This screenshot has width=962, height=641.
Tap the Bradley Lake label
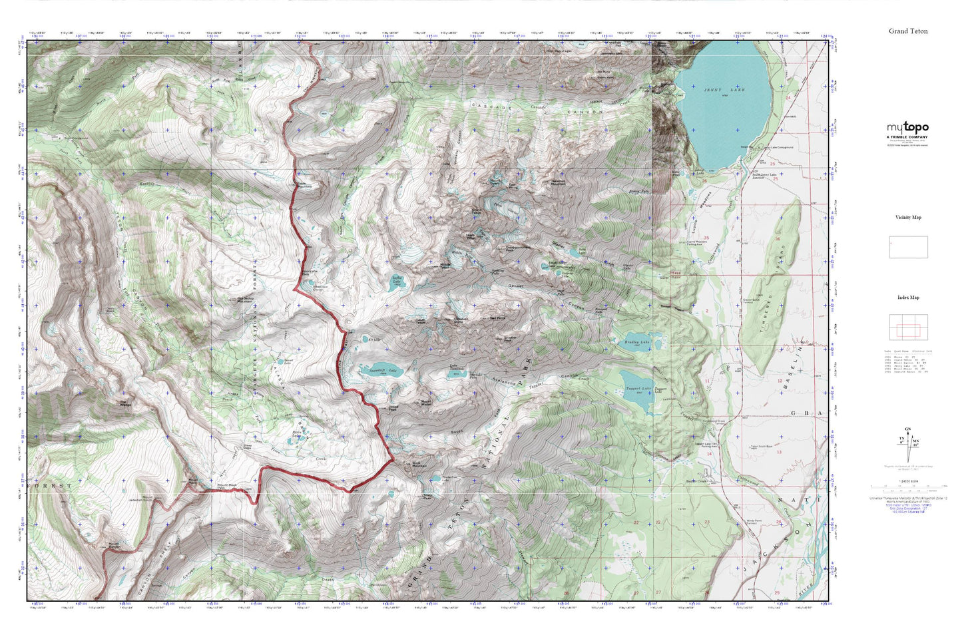click(x=636, y=343)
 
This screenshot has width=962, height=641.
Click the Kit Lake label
click(x=374, y=339)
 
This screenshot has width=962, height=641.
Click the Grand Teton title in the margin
click(x=907, y=31)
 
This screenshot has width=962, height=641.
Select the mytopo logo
click(x=907, y=128)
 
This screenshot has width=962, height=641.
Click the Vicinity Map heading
click(x=908, y=217)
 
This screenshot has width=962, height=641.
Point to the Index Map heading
click(x=908, y=298)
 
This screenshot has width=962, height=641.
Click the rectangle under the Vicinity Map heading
click(x=908, y=247)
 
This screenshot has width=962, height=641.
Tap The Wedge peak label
click(x=124, y=403)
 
